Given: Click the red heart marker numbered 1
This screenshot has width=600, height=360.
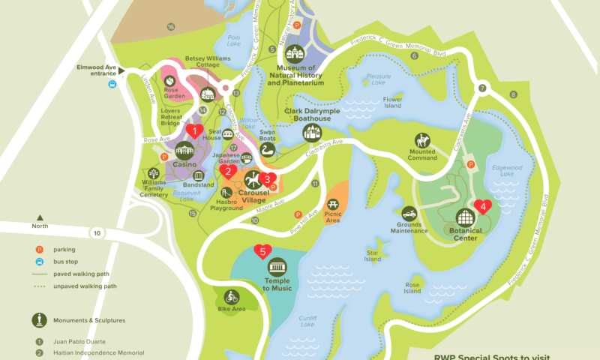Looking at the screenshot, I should (x=195, y=130).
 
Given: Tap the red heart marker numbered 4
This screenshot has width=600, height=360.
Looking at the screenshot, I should (x=483, y=205).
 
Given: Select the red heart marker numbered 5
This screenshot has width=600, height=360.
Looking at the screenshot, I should (x=262, y=251).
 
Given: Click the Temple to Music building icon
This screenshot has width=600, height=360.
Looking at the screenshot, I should (x=277, y=267).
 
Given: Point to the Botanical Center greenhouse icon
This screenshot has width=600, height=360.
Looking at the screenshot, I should (x=466, y=218).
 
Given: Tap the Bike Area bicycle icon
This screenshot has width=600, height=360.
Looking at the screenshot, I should (x=231, y=296).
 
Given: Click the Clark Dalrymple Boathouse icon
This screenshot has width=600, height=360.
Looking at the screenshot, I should (x=311, y=133).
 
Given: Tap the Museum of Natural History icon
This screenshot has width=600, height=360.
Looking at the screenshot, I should (x=294, y=55).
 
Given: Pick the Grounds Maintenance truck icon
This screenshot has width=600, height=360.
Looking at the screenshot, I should (x=409, y=214).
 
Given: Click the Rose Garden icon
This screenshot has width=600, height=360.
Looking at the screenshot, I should (x=171, y=80).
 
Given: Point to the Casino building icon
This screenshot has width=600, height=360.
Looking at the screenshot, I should (x=184, y=151).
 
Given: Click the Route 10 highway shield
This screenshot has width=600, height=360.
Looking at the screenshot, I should (x=97, y=233).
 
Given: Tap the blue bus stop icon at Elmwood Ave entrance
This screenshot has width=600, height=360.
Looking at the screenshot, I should (x=112, y=84).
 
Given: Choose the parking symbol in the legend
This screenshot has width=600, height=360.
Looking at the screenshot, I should (x=37, y=249).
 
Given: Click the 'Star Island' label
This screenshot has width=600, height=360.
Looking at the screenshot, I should (x=373, y=257).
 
